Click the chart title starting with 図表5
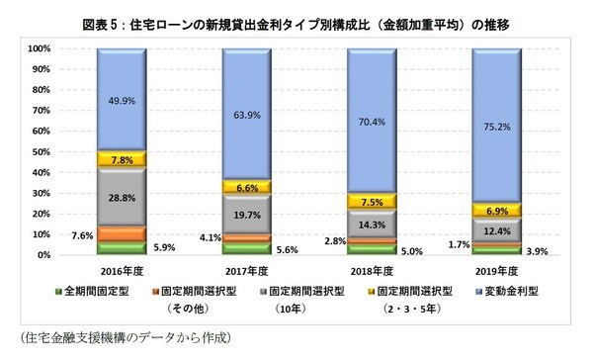coord(296,13)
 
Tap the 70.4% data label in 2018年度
coord(373,122)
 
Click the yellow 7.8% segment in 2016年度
coord(122,159)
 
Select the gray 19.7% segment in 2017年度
coord(247,214)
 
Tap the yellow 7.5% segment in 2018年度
coord(373,201)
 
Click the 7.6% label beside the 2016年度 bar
coord(81,235)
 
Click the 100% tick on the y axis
coord(41,48)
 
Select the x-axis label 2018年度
coord(373,271)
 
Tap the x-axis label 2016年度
coord(122,271)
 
